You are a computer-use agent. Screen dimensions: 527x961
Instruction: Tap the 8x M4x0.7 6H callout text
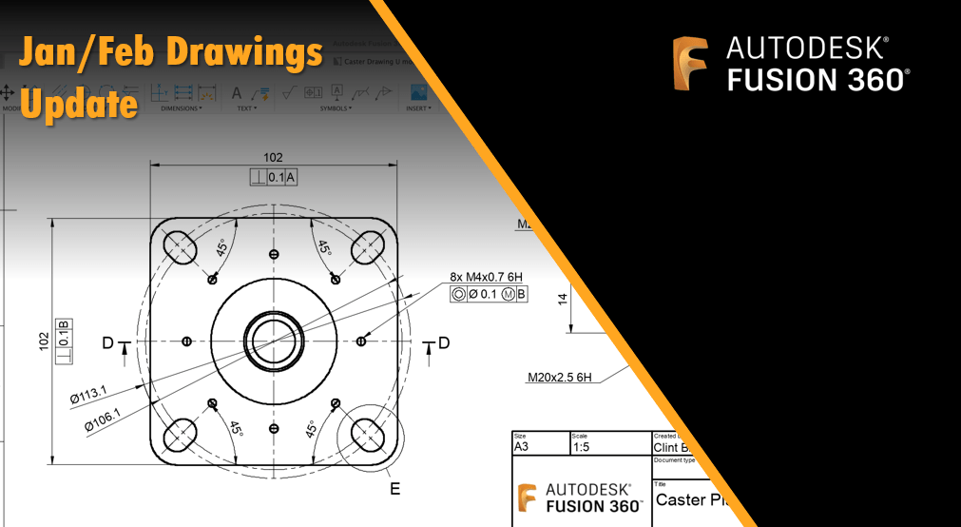pos(488,278)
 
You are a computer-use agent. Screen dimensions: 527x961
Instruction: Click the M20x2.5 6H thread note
pos(560,378)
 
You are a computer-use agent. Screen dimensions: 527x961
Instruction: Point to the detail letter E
pos(394,489)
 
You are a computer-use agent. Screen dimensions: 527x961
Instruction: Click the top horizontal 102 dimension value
pos(273,157)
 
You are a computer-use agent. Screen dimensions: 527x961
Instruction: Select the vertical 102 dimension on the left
pos(44,341)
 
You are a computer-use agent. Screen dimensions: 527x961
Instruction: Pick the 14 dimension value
pos(562,299)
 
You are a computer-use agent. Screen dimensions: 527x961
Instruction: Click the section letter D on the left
pos(107,342)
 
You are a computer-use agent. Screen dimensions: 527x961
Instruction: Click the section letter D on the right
pos(443,342)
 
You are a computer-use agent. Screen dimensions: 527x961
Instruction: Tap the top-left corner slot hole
pos(179,247)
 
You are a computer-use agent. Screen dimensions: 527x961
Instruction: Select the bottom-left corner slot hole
pos(179,436)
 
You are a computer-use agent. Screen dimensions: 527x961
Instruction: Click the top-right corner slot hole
pos(367,247)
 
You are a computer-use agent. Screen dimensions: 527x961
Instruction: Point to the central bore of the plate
pos(273,341)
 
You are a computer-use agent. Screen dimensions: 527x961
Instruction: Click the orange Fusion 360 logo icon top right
pos(690,64)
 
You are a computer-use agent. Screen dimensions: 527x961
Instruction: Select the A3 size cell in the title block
pos(521,445)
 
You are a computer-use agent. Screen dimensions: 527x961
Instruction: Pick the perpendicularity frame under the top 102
pos(274,177)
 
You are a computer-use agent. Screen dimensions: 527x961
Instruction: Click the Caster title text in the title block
pos(682,499)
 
